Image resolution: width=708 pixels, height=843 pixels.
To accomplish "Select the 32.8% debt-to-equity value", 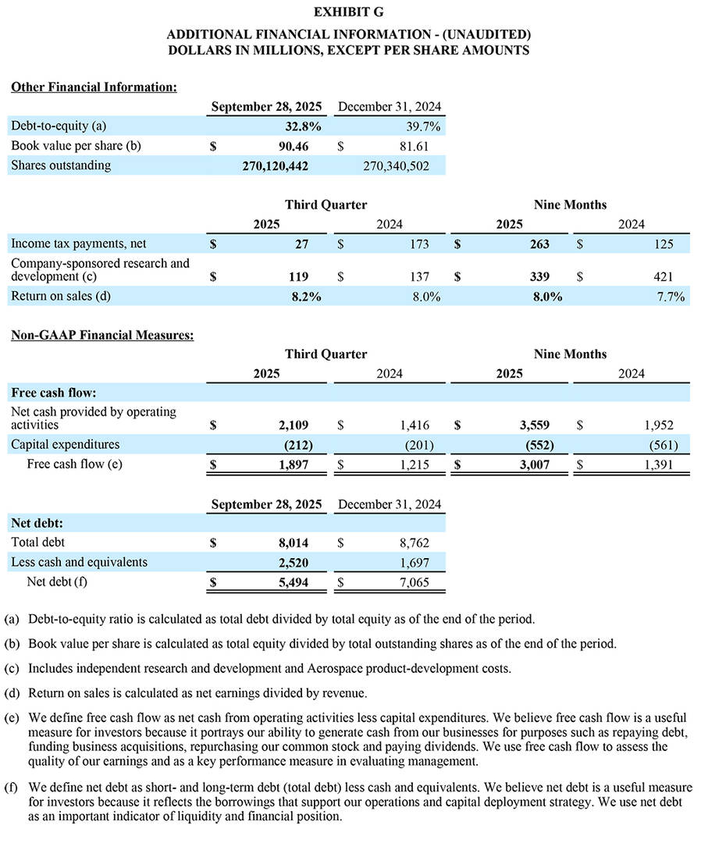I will tap(303, 126).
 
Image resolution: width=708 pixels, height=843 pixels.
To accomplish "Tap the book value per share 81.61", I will tap(413, 146).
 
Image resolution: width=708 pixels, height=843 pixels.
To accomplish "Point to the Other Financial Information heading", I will tap(94, 87).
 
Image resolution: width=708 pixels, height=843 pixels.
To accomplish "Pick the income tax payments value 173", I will tap(418, 244).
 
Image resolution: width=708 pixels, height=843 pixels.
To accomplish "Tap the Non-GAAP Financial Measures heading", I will tap(102, 336).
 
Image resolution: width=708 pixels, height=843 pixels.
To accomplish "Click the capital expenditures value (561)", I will tap(663, 446).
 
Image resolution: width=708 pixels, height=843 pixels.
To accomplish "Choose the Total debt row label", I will tap(38, 542).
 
